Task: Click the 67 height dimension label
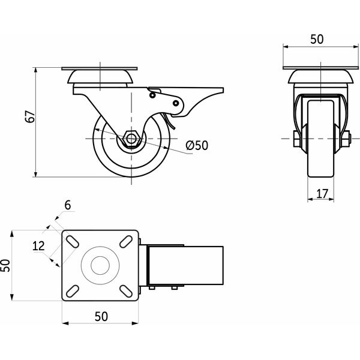(30, 116)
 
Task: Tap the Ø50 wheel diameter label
(197, 145)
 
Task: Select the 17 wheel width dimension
(322, 194)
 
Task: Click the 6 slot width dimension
(68, 205)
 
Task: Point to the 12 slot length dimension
(38, 246)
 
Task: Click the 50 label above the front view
(317, 39)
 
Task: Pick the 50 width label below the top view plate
(101, 316)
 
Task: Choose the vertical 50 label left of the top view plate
(5, 265)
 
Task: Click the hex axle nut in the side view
(131, 139)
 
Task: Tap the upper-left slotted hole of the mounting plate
(73, 242)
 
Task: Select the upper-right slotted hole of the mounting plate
(126, 242)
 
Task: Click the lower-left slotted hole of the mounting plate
(73, 291)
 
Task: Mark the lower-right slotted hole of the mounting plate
(126, 291)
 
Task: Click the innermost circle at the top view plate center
(100, 265)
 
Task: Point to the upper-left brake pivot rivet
(152, 95)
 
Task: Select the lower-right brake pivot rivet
(176, 103)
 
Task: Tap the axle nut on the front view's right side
(346, 139)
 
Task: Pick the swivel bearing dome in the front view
(320, 77)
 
